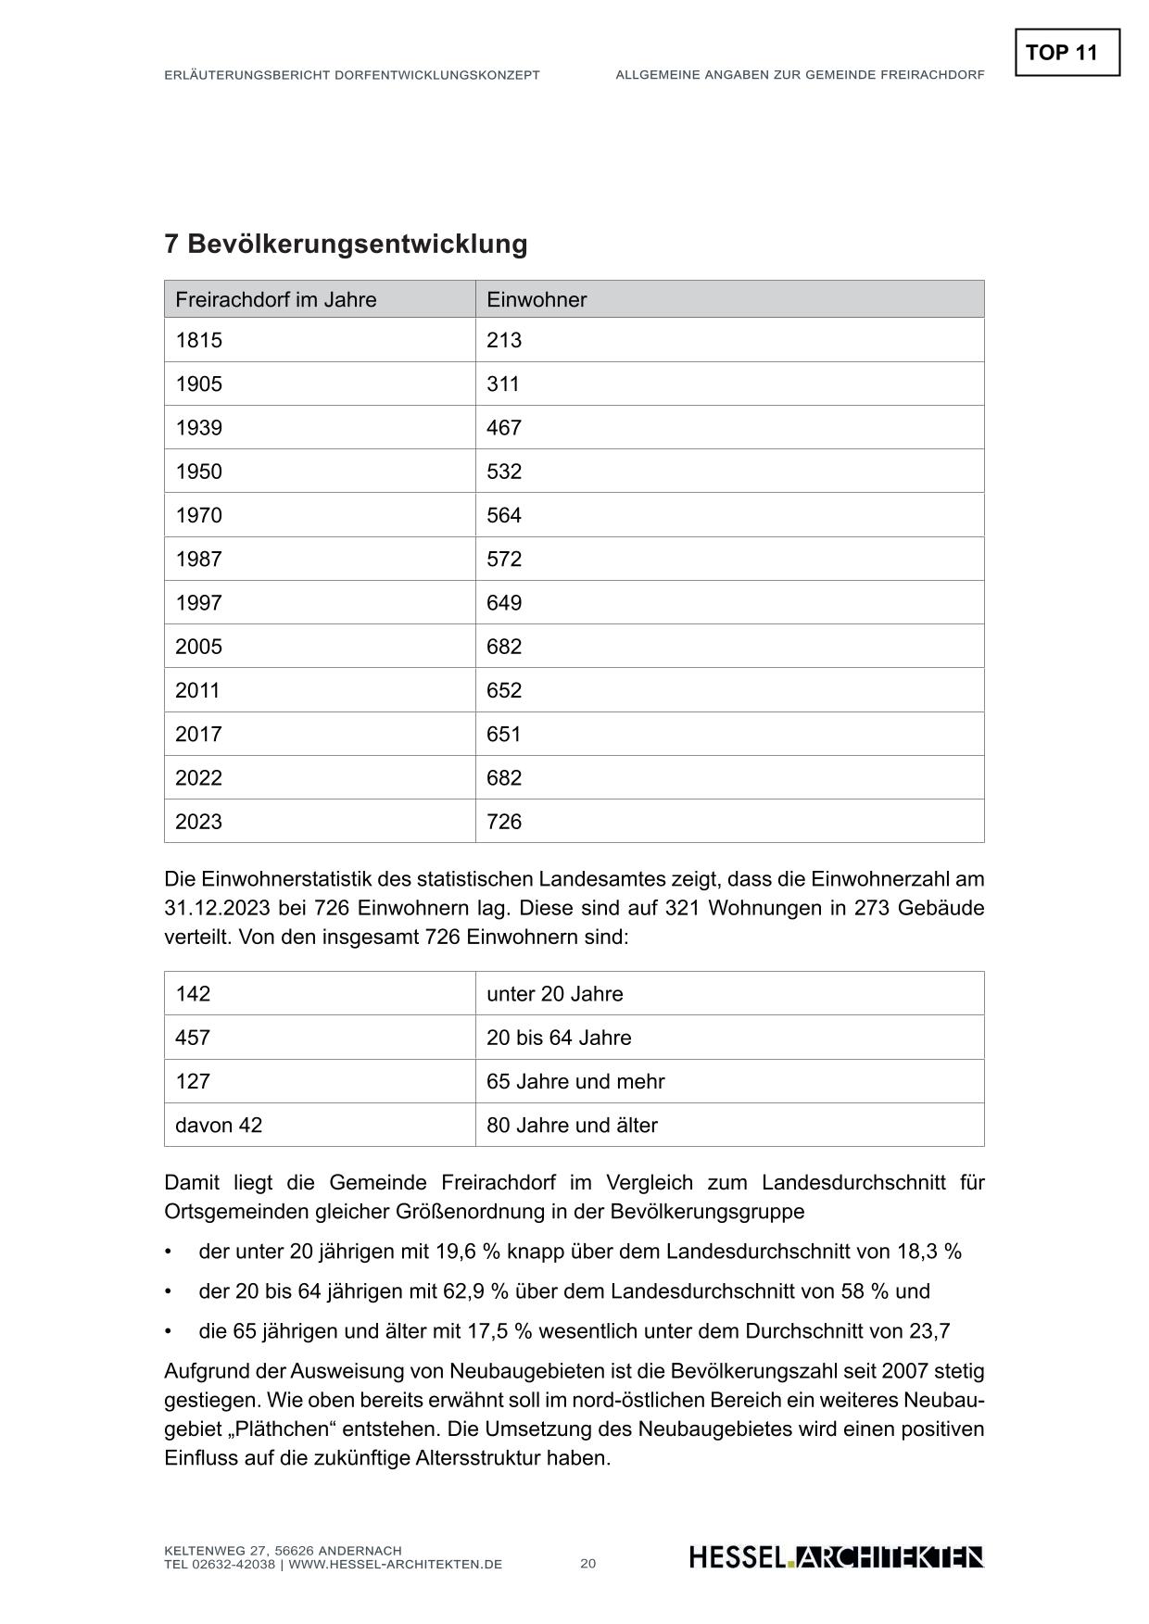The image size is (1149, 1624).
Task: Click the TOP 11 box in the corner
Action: [x=1067, y=53]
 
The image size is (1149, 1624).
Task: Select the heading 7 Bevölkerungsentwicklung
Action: [x=346, y=244]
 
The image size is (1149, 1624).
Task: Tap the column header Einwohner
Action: [x=537, y=299]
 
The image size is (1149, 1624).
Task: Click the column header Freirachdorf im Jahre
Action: [x=275, y=299]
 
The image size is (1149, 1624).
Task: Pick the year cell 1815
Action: [x=199, y=340]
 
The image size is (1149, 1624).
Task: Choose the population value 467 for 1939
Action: [x=504, y=427]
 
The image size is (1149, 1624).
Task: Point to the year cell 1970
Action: [x=199, y=515]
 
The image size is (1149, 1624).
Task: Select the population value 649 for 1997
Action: [x=504, y=603]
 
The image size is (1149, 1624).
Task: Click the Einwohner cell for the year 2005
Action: [x=504, y=647]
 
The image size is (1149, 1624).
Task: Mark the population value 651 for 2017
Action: [x=504, y=734]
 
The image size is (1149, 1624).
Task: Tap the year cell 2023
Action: [x=199, y=822]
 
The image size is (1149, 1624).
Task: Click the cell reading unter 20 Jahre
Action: [x=554, y=994]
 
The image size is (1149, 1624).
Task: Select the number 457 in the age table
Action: [x=193, y=1038]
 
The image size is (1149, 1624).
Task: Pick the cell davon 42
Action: [x=219, y=1126]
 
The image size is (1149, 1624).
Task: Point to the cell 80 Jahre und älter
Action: [x=572, y=1126]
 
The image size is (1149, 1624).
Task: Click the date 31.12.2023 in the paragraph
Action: [x=215, y=908]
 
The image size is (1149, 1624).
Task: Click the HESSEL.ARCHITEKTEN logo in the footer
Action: [x=836, y=1557]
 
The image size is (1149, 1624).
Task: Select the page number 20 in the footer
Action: [x=588, y=1564]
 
